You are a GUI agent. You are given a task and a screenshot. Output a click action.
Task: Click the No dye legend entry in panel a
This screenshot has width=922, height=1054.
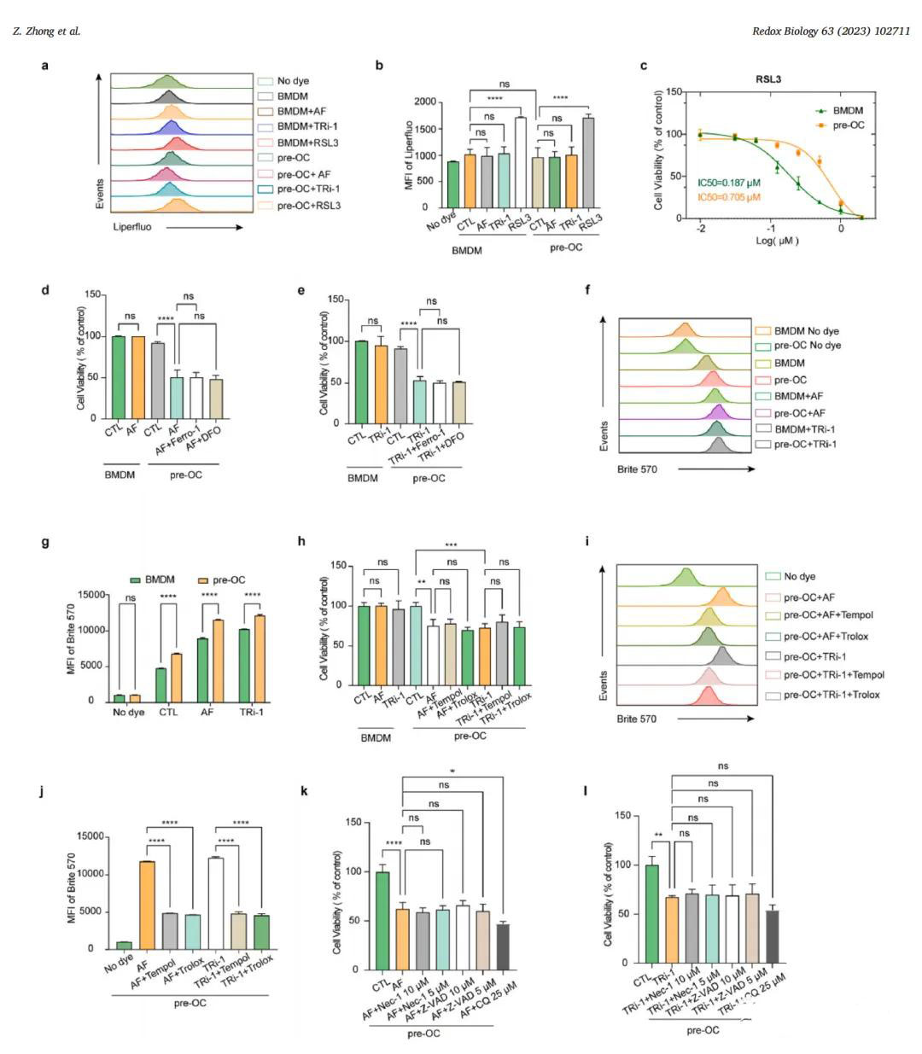click(293, 81)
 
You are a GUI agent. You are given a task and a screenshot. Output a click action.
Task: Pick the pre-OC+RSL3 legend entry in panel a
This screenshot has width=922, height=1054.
click(309, 205)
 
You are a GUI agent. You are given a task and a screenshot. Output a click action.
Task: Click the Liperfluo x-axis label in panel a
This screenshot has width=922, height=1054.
click(132, 227)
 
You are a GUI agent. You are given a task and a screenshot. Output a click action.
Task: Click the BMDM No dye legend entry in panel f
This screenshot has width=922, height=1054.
click(807, 329)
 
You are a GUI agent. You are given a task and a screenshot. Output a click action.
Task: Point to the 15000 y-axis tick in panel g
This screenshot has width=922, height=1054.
click(93, 595)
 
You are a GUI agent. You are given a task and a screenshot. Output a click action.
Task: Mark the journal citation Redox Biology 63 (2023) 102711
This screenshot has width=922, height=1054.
click(830, 32)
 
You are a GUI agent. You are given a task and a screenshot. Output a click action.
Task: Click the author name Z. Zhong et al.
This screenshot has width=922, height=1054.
click(47, 32)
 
